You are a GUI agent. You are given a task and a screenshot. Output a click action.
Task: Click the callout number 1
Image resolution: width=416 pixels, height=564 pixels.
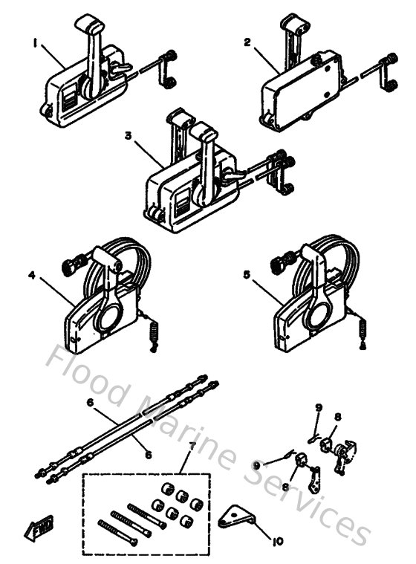coord(34,44)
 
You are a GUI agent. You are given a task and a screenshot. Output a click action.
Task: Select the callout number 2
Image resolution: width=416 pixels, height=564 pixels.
coord(247,42)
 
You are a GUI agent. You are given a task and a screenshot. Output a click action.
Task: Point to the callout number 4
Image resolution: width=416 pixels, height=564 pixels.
coord(32,275)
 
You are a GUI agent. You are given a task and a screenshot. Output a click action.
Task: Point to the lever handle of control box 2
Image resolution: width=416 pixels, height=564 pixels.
coord(288,37)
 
